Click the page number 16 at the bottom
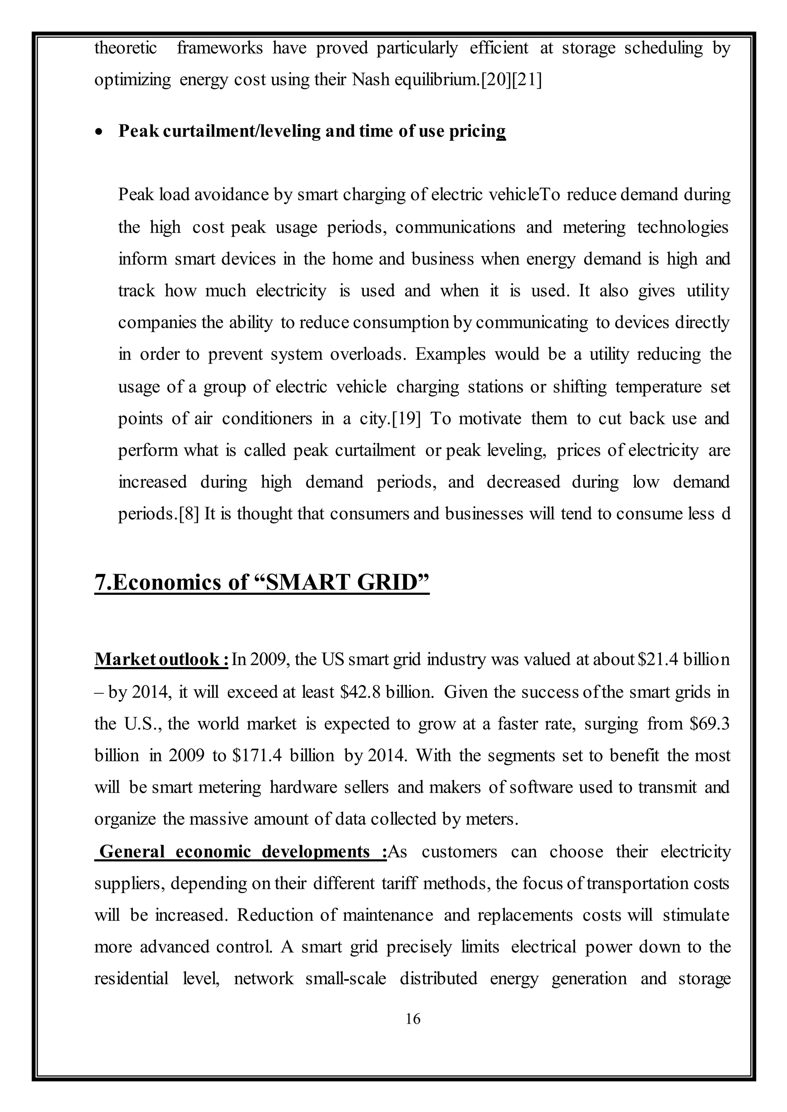(412, 1019)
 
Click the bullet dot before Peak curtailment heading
(100, 132)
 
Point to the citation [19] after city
(406, 419)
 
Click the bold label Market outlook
(161, 660)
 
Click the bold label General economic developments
(241, 851)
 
